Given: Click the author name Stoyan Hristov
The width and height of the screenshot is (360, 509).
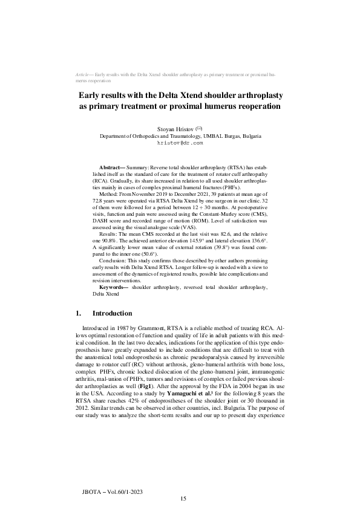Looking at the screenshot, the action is tap(174, 130).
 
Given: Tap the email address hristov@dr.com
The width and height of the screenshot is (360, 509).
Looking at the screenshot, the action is tap(180, 144).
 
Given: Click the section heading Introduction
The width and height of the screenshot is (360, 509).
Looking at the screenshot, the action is tap(112, 313).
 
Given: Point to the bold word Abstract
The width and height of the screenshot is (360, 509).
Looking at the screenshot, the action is tap(112, 166).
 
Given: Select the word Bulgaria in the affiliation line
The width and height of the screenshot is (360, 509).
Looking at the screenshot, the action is tap(250, 137).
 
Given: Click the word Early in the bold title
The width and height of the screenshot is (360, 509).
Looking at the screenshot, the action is tap(93, 96).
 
